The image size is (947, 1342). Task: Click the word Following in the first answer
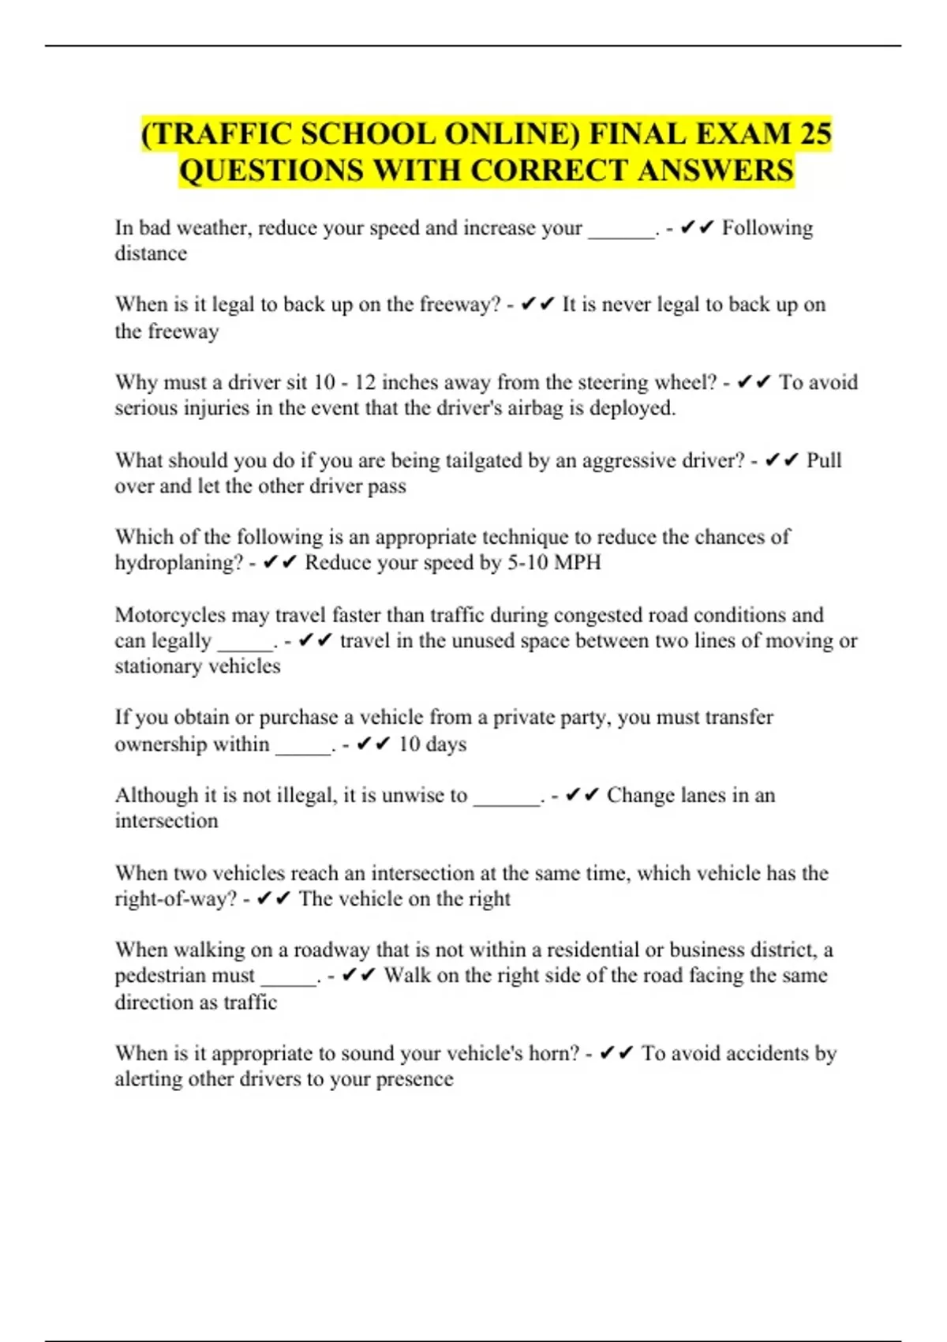(767, 228)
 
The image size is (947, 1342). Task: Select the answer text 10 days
(432, 744)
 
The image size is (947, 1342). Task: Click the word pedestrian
(184, 976)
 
